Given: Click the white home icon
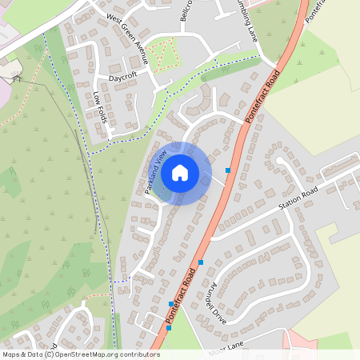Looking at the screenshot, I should click(x=180, y=172).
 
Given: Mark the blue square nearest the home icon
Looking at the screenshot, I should click(x=228, y=170).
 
